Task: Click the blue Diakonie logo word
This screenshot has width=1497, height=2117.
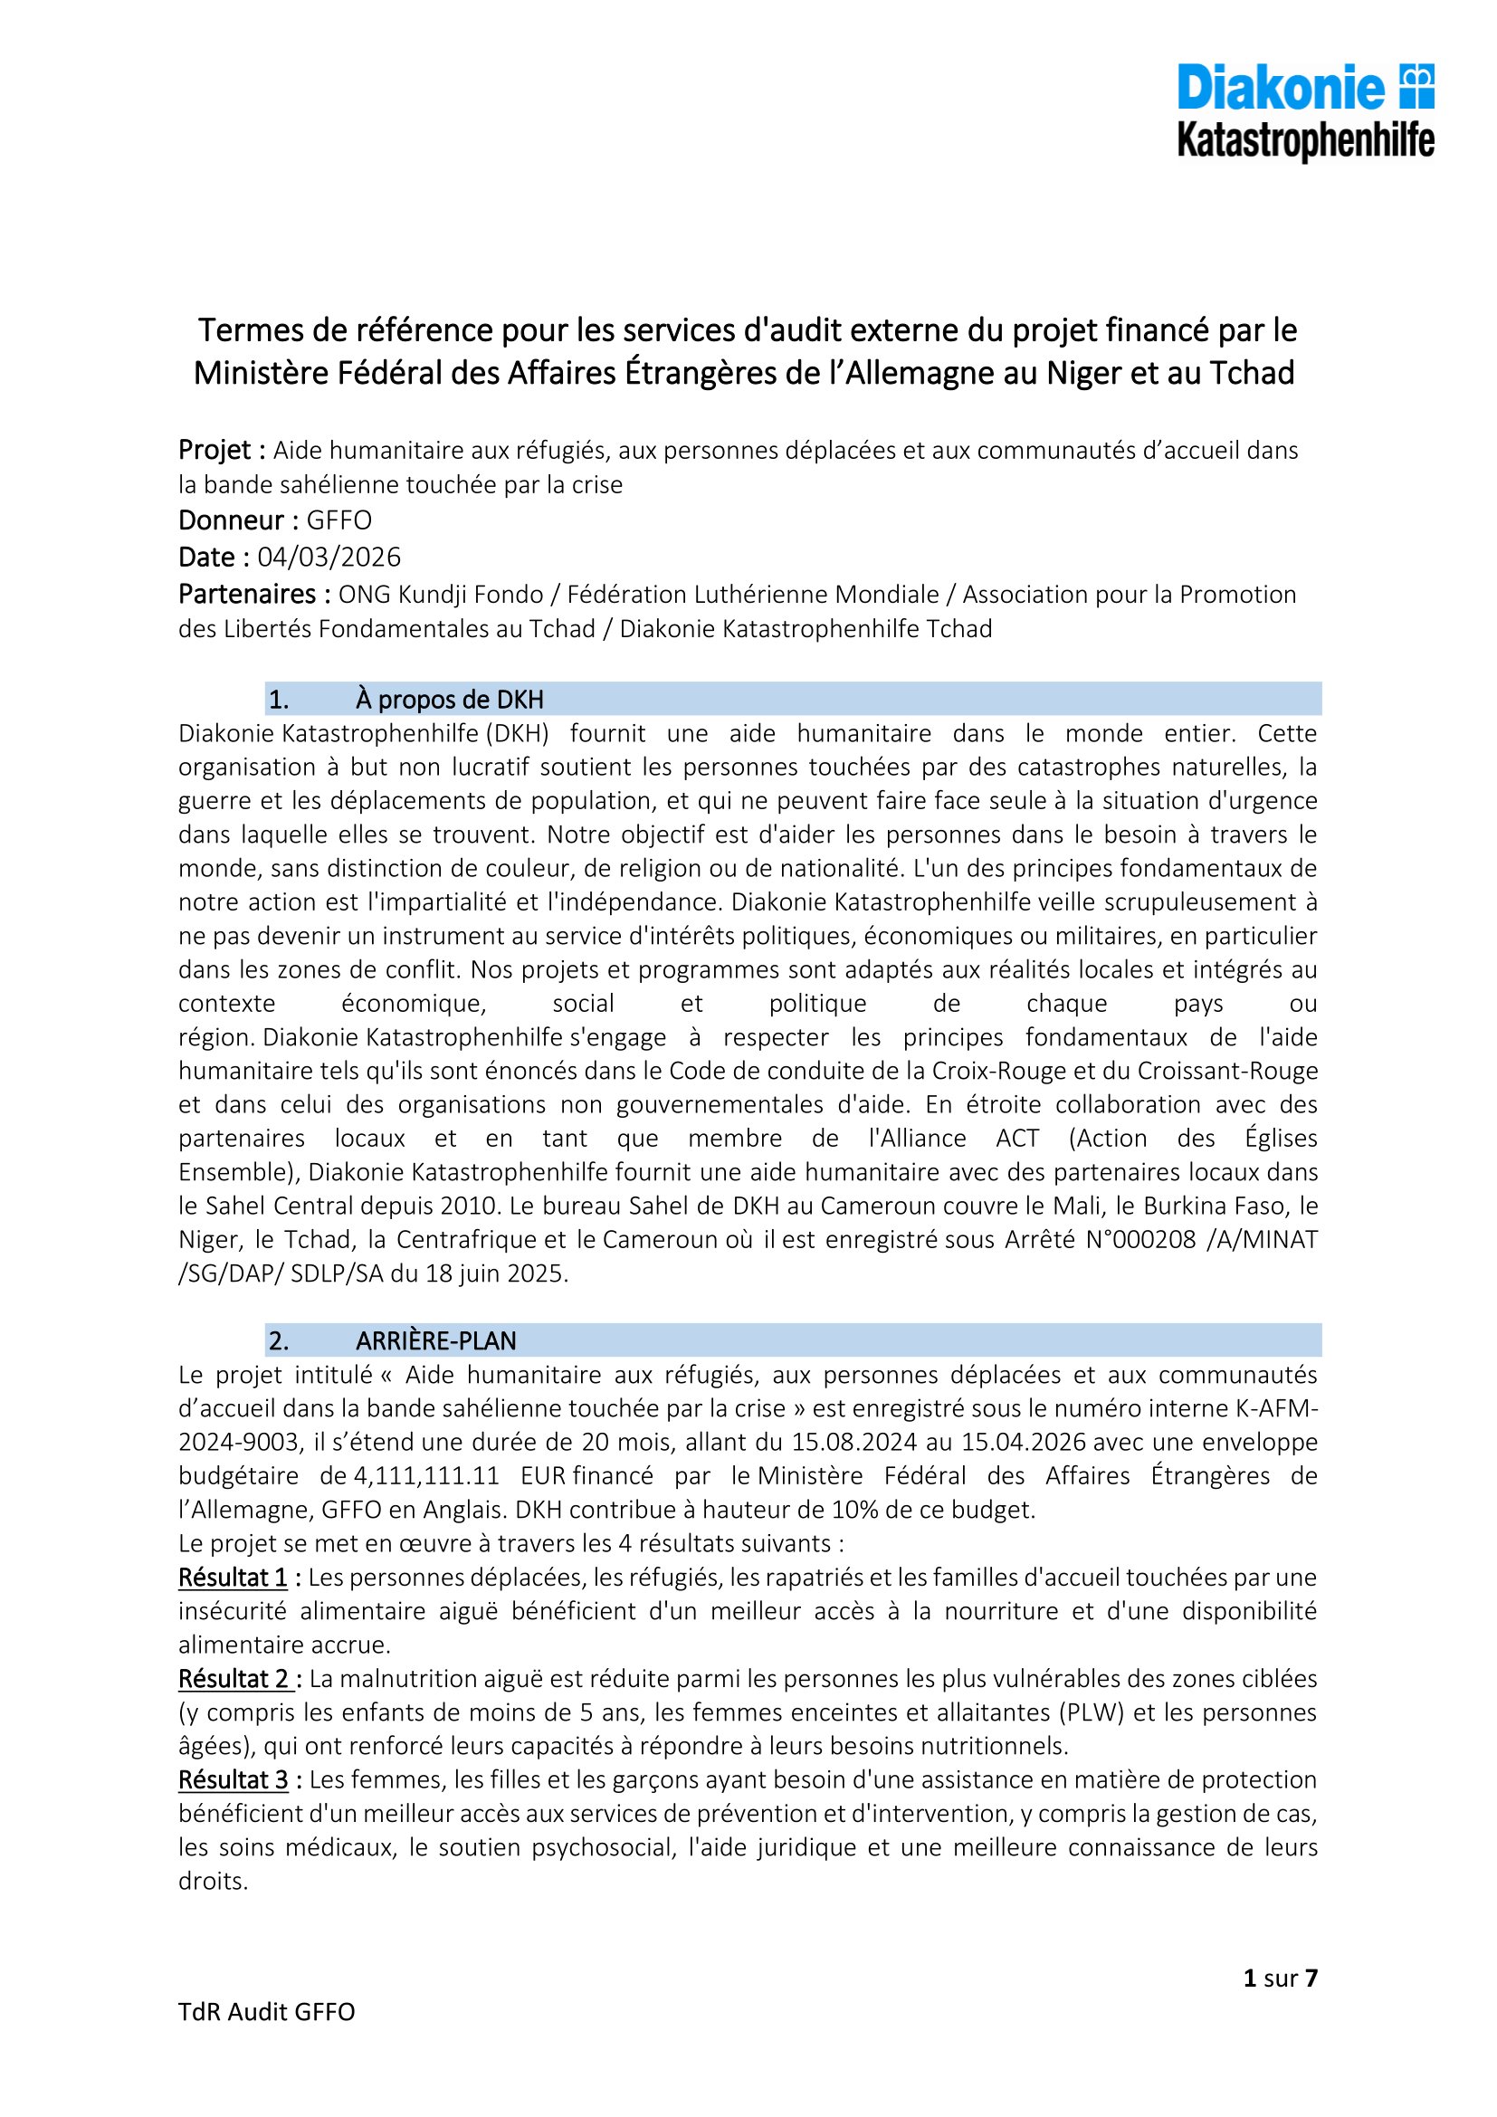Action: (1281, 88)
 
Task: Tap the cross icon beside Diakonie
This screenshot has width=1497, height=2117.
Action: (1416, 86)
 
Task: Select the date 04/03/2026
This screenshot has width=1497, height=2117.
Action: (329, 557)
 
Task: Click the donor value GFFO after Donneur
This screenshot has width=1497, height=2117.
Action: (339, 520)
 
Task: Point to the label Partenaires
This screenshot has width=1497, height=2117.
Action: (253, 594)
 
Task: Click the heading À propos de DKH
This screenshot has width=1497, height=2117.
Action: (450, 699)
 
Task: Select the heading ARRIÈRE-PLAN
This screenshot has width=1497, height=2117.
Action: (436, 1340)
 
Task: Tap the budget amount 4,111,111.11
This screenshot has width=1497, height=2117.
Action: (426, 1475)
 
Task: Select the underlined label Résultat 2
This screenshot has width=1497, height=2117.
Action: (234, 1678)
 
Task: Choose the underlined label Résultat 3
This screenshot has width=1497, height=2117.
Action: (234, 1779)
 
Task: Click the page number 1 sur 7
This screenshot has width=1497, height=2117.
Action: (1281, 1978)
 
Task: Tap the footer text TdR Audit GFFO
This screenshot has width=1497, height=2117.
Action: (266, 2012)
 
